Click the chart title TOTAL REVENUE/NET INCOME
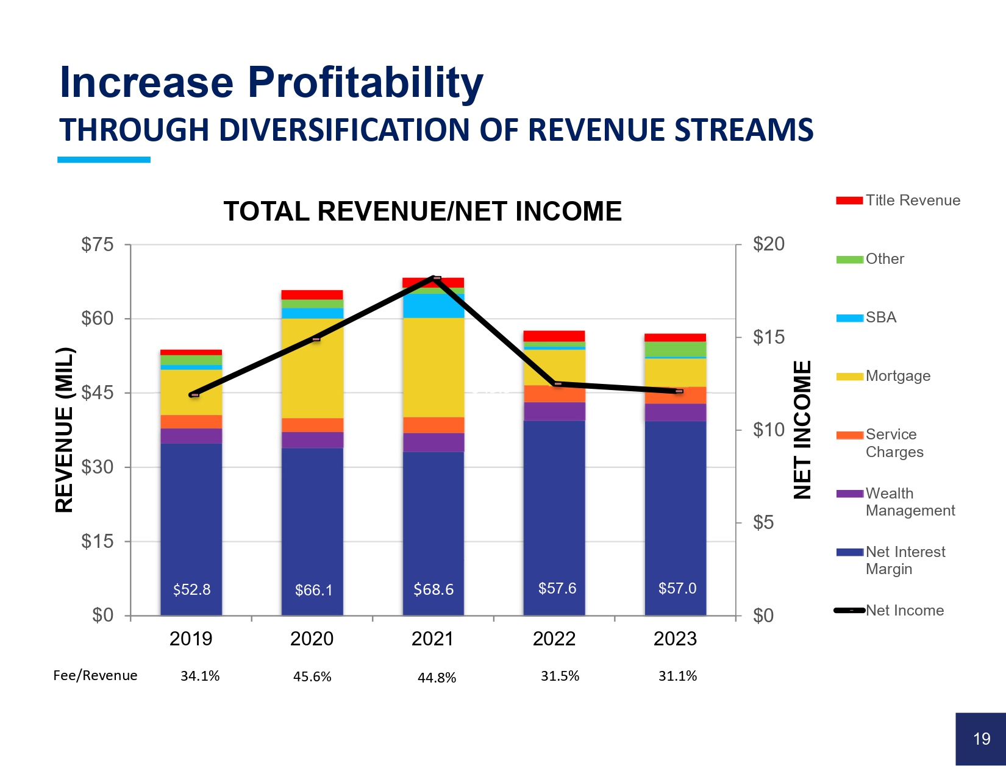point(423,211)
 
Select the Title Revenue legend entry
point(897,200)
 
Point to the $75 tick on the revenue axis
point(98,245)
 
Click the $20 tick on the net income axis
point(769,244)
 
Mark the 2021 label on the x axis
point(432,639)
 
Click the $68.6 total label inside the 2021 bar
point(433,589)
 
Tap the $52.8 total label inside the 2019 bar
point(191,590)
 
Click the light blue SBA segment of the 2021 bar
point(433,305)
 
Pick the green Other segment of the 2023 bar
point(676,349)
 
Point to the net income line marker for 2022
point(557,383)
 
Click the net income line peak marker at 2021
point(436,278)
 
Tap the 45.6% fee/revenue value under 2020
point(312,676)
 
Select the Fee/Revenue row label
point(95,675)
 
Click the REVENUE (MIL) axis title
point(64,430)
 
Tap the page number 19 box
point(981,739)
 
